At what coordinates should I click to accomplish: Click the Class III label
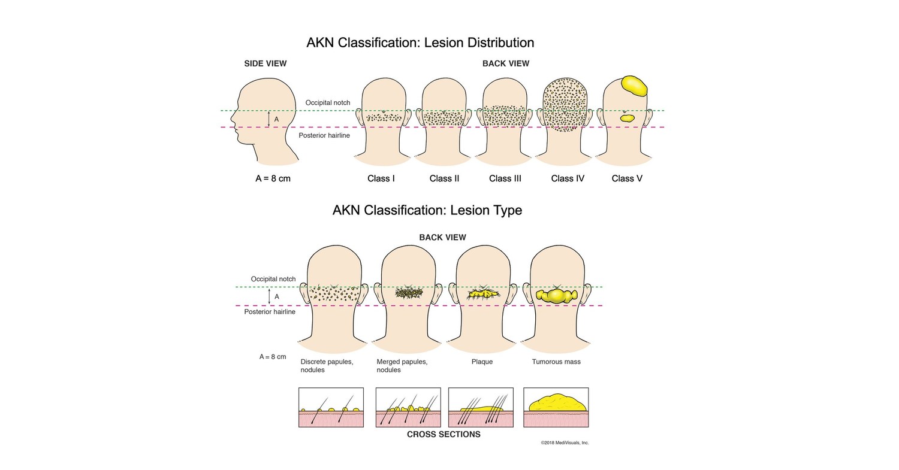pyautogui.click(x=505, y=178)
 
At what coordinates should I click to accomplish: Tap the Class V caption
pyautogui.click(x=627, y=178)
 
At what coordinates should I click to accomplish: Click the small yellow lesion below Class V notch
pyautogui.click(x=628, y=119)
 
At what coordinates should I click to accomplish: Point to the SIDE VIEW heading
pyautogui.click(x=265, y=63)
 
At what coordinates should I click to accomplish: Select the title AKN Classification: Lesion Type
pyautogui.click(x=427, y=210)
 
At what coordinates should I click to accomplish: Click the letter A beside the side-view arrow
pyautogui.click(x=276, y=120)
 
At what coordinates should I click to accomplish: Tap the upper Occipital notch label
pyautogui.click(x=327, y=103)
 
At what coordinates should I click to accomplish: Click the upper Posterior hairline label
pyautogui.click(x=324, y=135)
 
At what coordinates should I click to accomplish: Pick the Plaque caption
pyautogui.click(x=482, y=362)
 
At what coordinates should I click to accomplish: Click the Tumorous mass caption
pyautogui.click(x=556, y=362)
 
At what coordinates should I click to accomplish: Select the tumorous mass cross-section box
pyautogui.click(x=556, y=407)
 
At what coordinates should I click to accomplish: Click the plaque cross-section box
pyautogui.click(x=481, y=407)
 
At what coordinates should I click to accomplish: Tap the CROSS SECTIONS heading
pyautogui.click(x=444, y=434)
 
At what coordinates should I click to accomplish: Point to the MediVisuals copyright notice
pyautogui.click(x=565, y=443)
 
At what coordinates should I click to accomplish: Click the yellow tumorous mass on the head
pyautogui.click(x=557, y=296)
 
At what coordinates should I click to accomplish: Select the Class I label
pyautogui.click(x=381, y=178)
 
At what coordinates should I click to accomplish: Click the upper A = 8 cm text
pyautogui.click(x=273, y=178)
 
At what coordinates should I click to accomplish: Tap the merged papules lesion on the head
pyautogui.click(x=409, y=293)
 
